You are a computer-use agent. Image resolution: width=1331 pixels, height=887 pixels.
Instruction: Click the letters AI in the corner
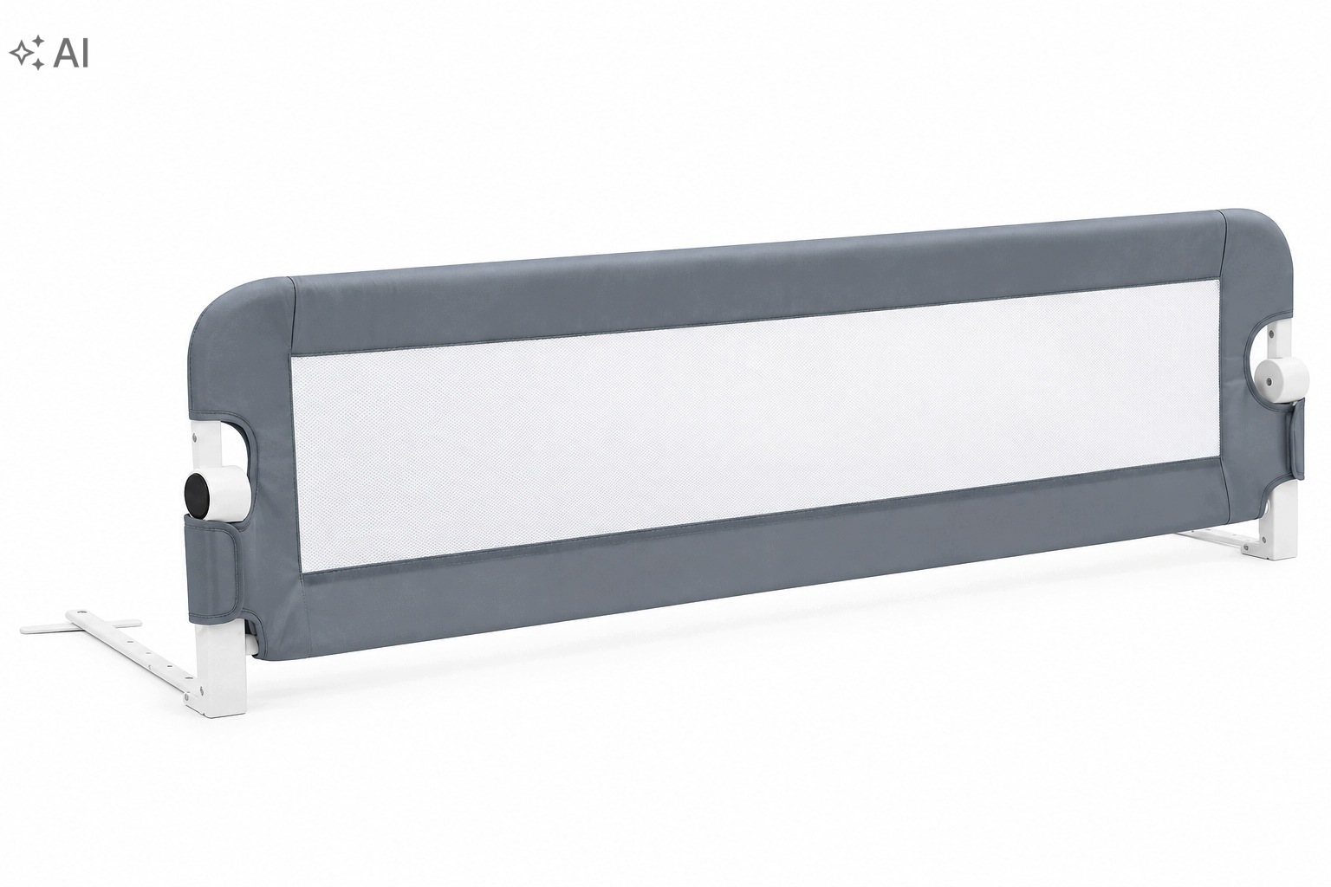71,54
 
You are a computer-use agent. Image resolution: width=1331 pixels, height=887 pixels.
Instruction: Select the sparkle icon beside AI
28,53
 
